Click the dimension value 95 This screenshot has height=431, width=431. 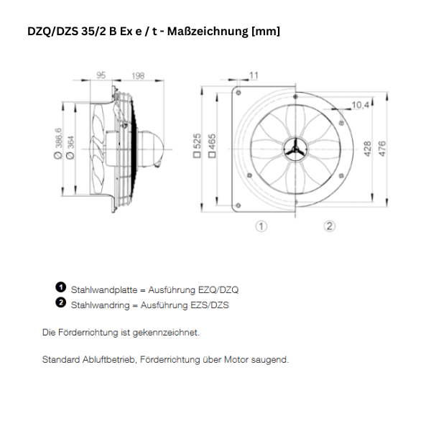[x=101, y=75]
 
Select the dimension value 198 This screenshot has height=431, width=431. [x=138, y=75]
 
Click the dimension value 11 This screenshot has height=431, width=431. [x=254, y=75]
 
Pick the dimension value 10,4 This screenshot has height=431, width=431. [x=361, y=106]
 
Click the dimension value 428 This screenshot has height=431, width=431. [x=366, y=148]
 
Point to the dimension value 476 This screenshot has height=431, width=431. [x=382, y=148]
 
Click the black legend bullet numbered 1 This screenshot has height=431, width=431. [x=61, y=287]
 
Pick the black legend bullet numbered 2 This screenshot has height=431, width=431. [x=61, y=303]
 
